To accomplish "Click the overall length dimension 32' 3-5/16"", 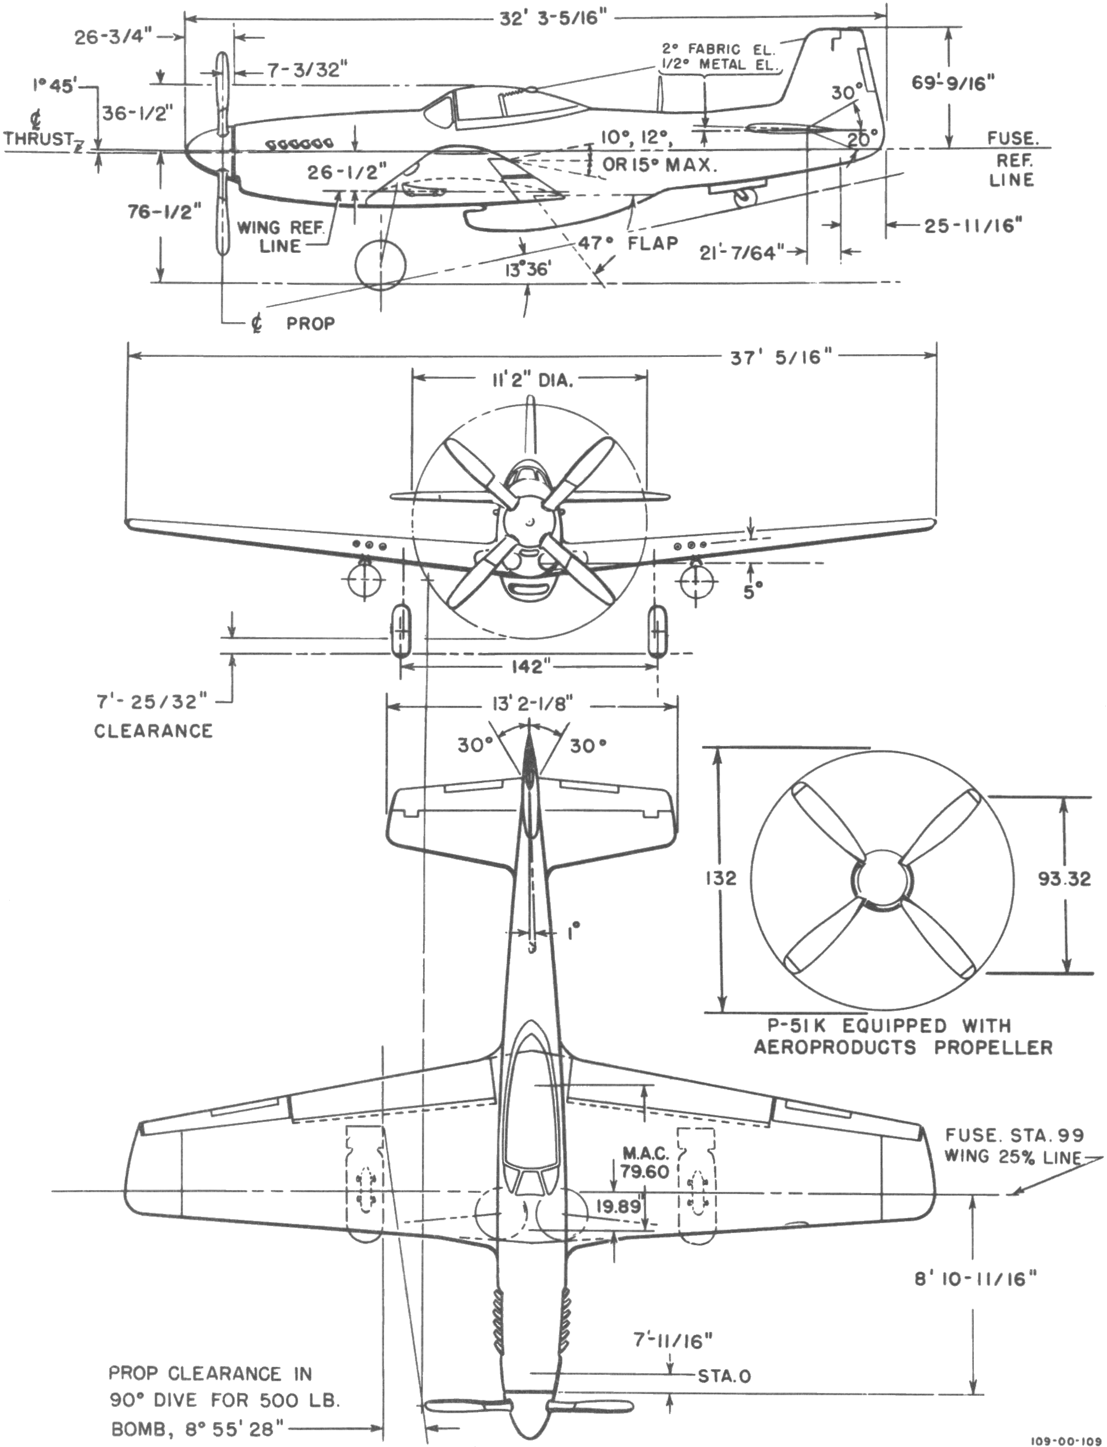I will click(552, 18).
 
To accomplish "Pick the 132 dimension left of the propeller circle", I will click(719, 878).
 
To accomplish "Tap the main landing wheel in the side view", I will click(380, 265).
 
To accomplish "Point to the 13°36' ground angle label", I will click(528, 269).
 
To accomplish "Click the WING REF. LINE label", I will click(280, 237).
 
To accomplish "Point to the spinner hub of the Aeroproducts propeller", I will click(882, 880).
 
